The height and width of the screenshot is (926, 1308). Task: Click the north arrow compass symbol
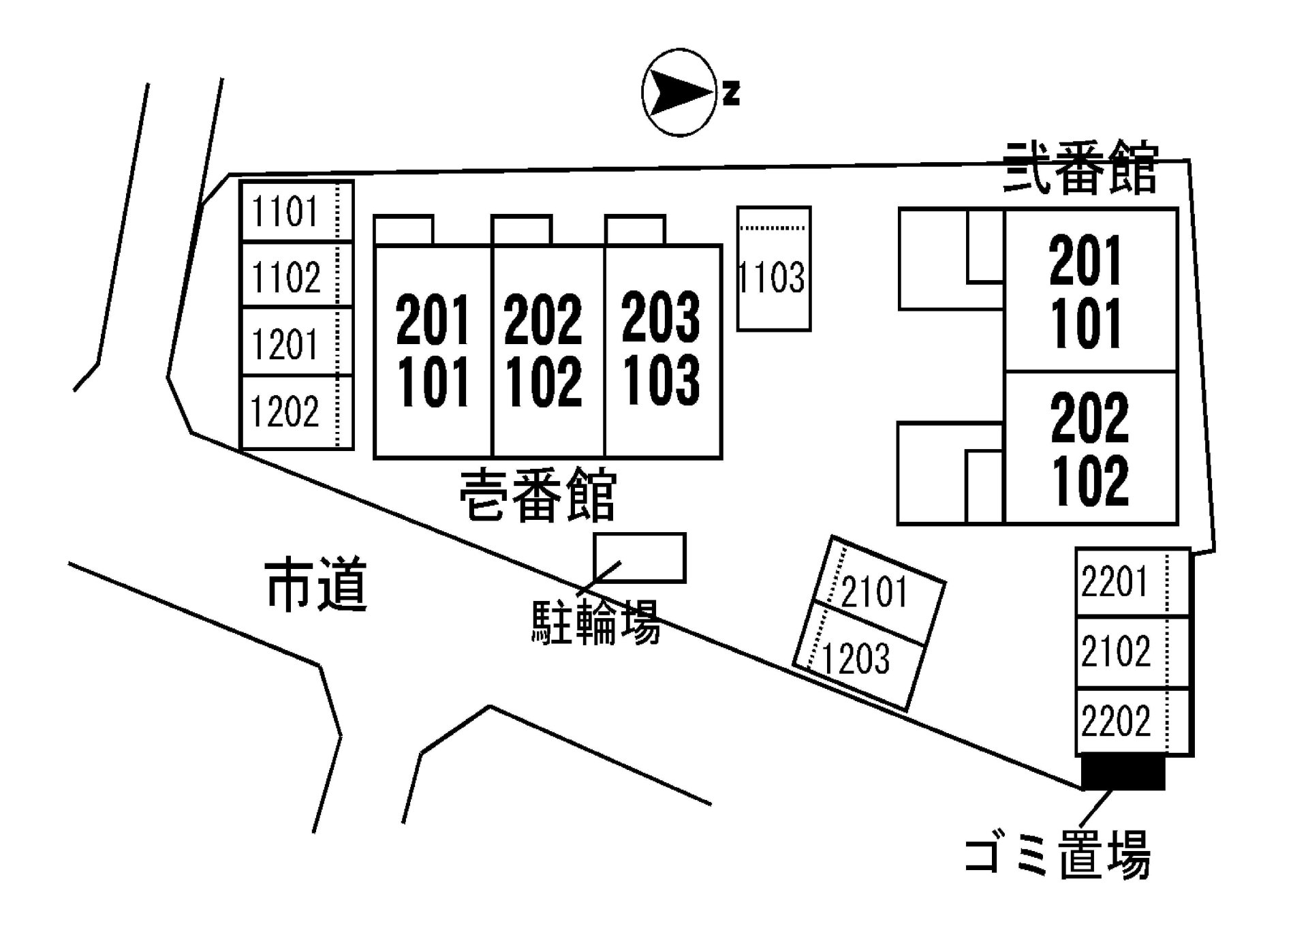[680, 92]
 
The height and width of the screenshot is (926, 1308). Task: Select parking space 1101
[296, 211]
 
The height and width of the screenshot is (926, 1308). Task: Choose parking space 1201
[296, 342]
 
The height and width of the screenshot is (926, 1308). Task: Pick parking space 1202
[296, 412]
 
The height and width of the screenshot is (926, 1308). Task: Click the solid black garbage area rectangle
[1123, 773]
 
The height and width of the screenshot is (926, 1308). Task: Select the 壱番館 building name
[538, 495]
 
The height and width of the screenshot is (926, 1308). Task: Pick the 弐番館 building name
[1080, 168]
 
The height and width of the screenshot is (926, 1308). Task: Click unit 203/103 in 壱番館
[661, 349]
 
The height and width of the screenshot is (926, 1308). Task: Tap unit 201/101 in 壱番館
[433, 350]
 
